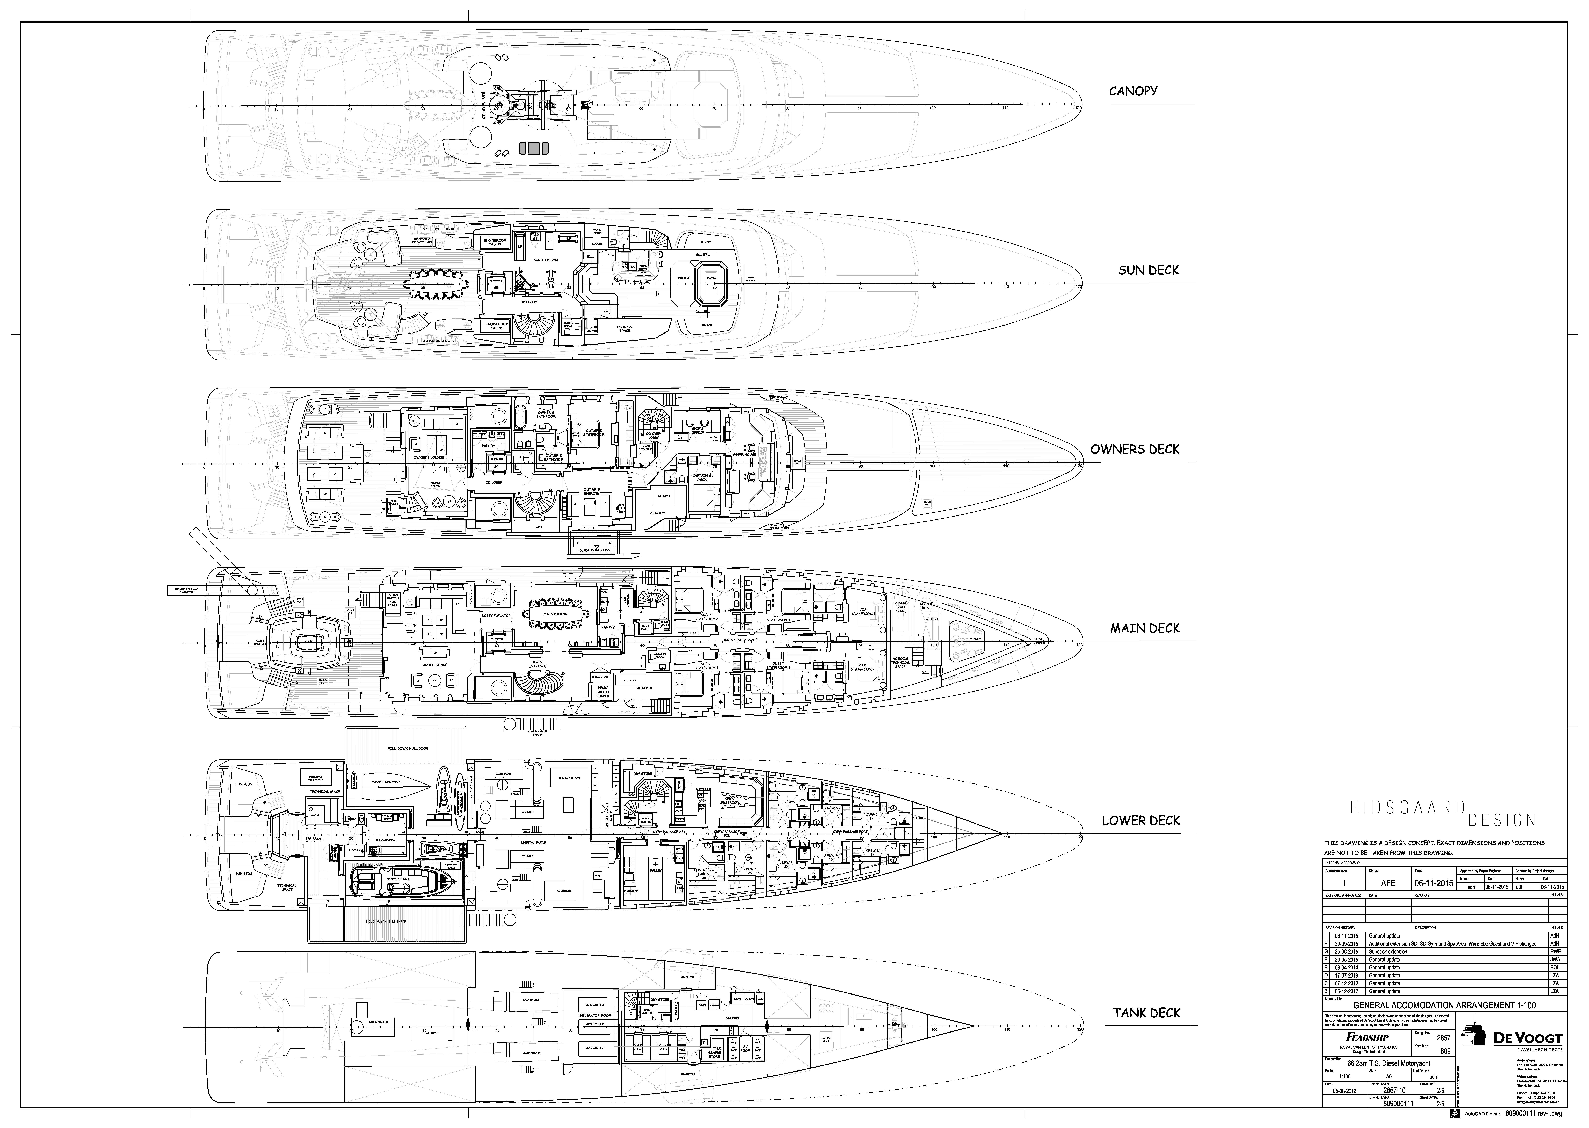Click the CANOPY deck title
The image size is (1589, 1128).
[x=1133, y=91]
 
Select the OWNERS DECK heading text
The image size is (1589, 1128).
[x=1134, y=449]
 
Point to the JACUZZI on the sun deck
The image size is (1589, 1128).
[x=710, y=278]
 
